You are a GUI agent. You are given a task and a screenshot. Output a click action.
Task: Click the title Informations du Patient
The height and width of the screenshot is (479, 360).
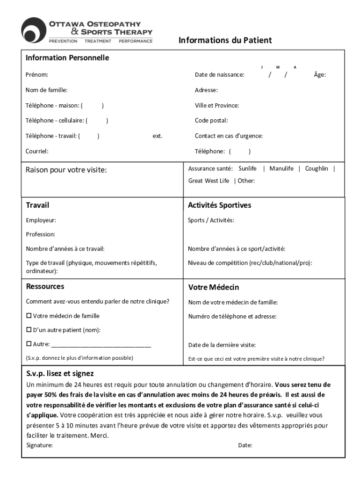[x=225, y=40]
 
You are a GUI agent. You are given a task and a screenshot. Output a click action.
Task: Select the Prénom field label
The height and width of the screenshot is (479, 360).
[x=37, y=75]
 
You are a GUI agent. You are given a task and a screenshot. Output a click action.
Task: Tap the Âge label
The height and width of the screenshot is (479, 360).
[x=320, y=75]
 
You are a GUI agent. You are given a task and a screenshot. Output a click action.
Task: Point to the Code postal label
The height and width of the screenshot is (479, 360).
[x=211, y=121]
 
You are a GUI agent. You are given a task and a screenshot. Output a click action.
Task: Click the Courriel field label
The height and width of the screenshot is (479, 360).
[x=37, y=151]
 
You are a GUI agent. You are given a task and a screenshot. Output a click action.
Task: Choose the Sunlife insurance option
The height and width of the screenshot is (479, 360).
[x=247, y=168]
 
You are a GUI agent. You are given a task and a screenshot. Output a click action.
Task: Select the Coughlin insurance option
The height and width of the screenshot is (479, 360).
[x=317, y=168]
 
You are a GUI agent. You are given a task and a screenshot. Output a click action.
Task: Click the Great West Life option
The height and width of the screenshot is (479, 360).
[x=209, y=181]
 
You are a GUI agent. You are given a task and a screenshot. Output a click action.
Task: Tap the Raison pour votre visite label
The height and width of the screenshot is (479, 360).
[x=66, y=170]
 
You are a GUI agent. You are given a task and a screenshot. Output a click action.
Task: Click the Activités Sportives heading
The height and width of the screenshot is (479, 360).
[x=219, y=205]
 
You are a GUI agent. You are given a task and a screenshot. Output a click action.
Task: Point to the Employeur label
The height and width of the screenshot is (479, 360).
[x=41, y=220]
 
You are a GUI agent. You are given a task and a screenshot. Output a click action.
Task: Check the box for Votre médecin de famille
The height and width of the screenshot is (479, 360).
[x=29, y=316]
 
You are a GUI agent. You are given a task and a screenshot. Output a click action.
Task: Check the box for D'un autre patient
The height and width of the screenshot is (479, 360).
[x=29, y=330]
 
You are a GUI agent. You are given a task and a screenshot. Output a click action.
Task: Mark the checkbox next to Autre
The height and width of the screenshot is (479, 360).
[x=29, y=345]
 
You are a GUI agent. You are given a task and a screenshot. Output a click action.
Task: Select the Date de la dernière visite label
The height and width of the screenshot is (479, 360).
[x=222, y=345]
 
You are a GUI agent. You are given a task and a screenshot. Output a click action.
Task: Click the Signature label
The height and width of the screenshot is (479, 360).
[x=40, y=445]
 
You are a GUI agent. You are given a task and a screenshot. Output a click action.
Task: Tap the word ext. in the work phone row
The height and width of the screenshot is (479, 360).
[x=158, y=136]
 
